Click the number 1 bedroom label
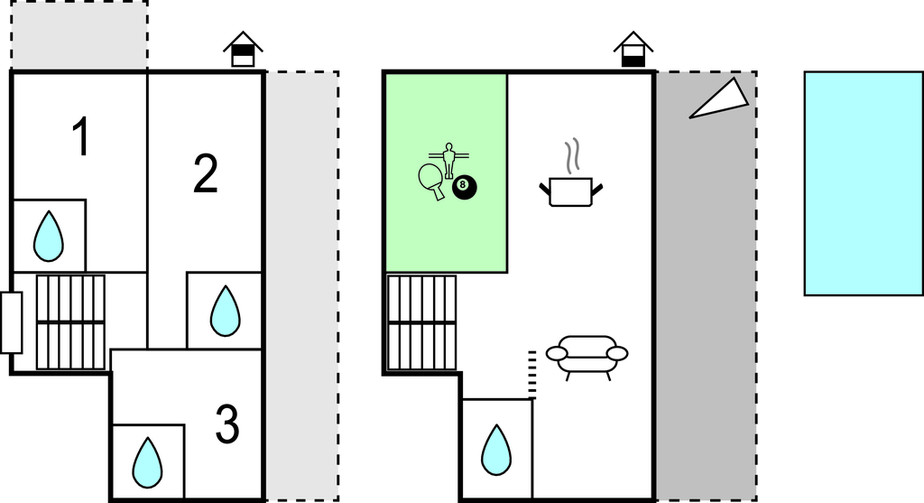click(81, 136)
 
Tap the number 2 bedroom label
click(206, 173)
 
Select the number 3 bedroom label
click(227, 424)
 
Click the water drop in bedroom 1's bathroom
click(49, 237)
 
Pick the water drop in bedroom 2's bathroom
click(225, 312)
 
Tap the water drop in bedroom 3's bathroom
click(147, 462)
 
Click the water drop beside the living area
click(496, 450)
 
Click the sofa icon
click(587, 358)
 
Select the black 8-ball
click(465, 188)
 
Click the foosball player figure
click(449, 159)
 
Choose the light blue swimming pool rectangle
click(864, 183)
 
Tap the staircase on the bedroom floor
click(70, 322)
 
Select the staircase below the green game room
click(422, 322)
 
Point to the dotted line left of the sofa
click(532, 375)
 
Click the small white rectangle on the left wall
click(11, 322)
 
